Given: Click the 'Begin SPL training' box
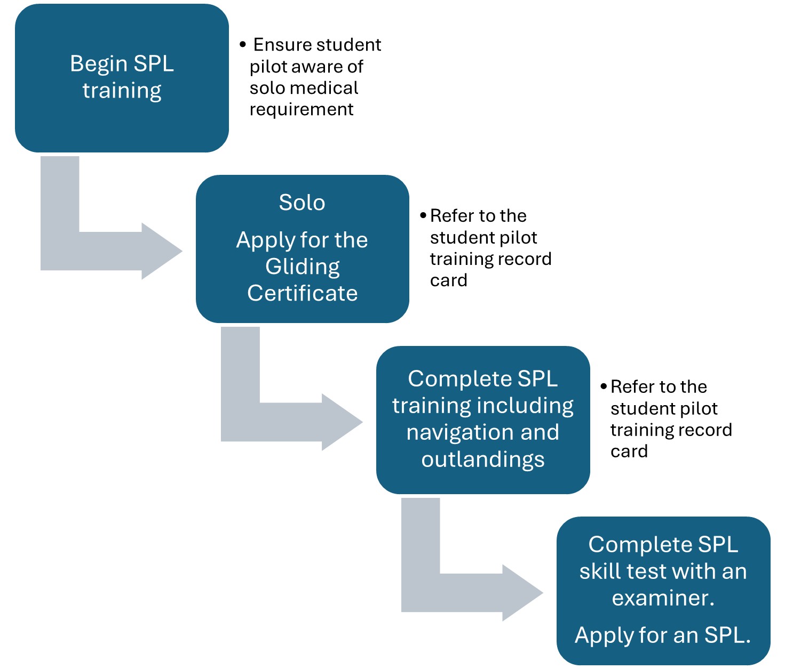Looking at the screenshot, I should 122,78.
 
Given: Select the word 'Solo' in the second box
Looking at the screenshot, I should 302,203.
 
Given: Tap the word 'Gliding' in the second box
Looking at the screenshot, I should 303,267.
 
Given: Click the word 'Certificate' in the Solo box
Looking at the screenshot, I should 303,293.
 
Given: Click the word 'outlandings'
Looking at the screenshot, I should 483,460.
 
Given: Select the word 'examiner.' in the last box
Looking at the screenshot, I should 663,598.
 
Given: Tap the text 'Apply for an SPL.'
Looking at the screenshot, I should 663,635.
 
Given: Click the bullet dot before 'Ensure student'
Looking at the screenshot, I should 243,44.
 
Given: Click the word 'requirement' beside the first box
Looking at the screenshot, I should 302,109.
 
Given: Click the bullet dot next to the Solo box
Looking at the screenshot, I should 423,215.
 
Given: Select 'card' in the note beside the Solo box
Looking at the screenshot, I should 449,280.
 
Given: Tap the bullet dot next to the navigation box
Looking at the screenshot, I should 604,386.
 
